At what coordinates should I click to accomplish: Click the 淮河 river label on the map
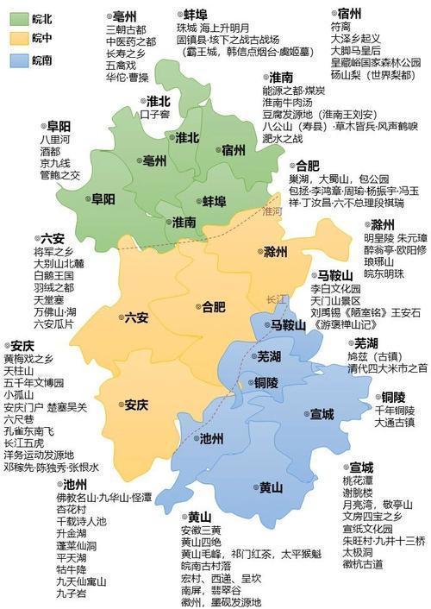tap(272, 210)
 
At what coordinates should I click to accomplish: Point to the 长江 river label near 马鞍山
tap(277, 299)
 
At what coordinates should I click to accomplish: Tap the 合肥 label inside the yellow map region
tap(212, 306)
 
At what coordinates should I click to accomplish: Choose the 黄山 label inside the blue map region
tap(272, 487)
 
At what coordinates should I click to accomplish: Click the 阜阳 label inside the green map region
tap(105, 198)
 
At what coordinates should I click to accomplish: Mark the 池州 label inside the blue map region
tap(211, 438)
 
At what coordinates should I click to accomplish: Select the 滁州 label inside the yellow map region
tap(275, 252)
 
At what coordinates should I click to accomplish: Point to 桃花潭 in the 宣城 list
tap(359, 480)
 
